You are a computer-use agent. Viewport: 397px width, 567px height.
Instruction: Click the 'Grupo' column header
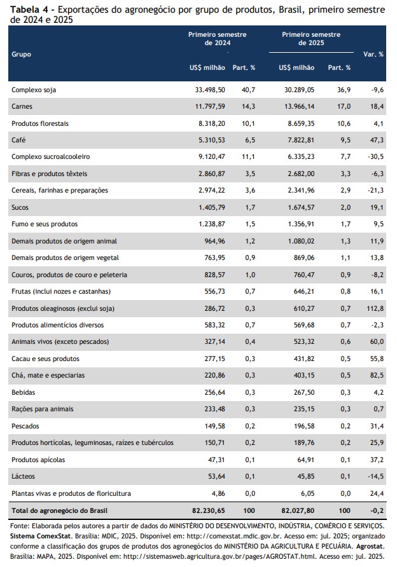coord(22,55)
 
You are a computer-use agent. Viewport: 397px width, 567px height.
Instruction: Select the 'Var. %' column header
coord(373,54)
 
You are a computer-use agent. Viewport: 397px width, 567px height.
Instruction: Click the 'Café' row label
coord(18,140)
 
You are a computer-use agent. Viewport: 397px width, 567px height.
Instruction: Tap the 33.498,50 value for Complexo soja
coord(210,90)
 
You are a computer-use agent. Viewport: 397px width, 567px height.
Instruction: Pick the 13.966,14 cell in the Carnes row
coord(299,106)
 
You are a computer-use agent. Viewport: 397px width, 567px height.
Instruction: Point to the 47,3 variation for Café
coord(377,140)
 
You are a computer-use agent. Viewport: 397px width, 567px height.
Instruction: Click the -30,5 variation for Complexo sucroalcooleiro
coord(375,156)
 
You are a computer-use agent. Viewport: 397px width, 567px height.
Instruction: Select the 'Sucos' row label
coord(20,207)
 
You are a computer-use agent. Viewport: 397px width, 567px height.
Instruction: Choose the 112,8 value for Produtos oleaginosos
coord(375,308)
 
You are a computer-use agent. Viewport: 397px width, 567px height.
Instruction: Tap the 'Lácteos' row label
coord(23,476)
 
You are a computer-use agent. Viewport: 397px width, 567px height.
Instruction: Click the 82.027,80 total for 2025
coord(298,510)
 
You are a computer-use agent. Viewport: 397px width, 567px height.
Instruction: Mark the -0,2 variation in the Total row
coord(377,510)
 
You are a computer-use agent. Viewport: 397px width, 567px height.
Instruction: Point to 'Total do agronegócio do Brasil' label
coord(60,510)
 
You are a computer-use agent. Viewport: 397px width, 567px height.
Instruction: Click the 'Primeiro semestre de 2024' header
coord(217,39)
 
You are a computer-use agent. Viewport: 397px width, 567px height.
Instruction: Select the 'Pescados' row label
coord(25,426)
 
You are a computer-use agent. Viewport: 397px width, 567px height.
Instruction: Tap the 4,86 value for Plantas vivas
coord(218,493)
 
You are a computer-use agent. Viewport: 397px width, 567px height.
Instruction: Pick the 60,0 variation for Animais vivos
coord(377,341)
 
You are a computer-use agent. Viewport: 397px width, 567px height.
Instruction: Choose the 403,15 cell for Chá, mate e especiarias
coord(304,375)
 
